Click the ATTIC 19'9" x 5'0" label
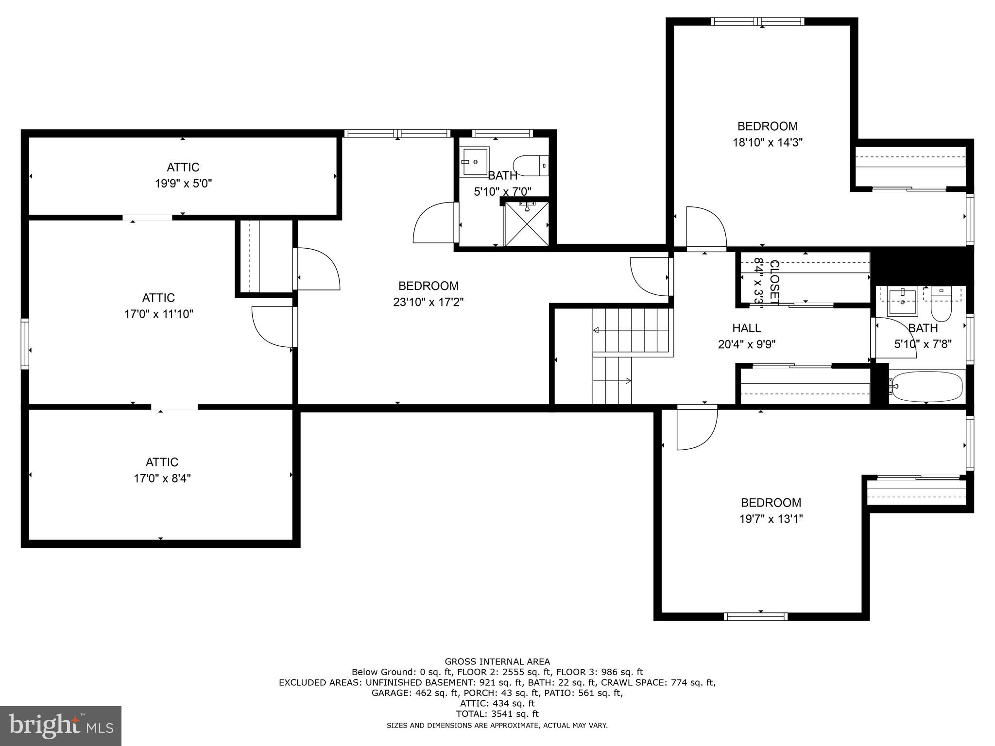[183, 175]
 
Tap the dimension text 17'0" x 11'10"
[159, 314]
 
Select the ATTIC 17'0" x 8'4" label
[162, 470]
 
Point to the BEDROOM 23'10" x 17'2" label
[428, 294]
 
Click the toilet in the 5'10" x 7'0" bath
[531, 166]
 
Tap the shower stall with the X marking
[527, 224]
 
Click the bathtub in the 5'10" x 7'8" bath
[927, 387]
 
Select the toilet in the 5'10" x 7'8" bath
[941, 304]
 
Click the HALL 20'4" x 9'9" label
[747, 336]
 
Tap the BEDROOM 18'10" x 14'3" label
[768, 134]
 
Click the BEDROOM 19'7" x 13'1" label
[771, 510]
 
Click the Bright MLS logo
[61, 726]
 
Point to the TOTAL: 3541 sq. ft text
[497, 714]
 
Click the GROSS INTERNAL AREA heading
[497, 661]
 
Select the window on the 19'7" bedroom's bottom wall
[755, 617]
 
